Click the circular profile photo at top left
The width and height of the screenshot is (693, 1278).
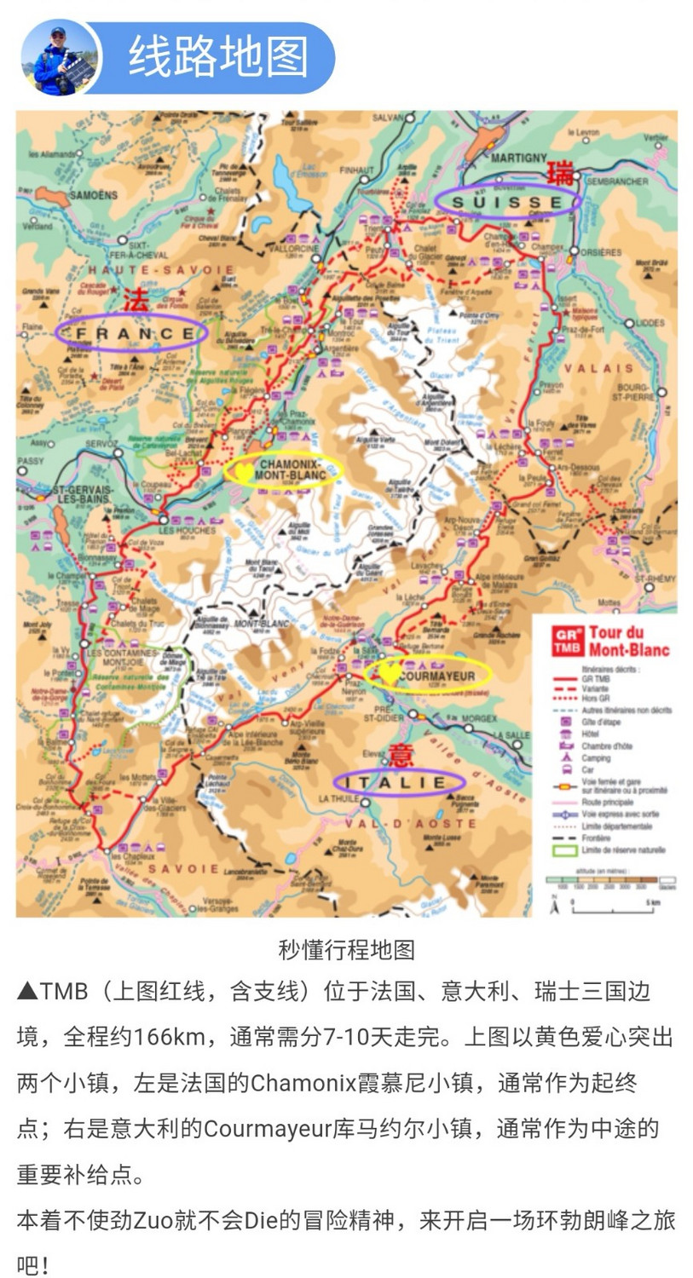click(60, 58)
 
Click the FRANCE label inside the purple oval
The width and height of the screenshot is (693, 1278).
click(131, 333)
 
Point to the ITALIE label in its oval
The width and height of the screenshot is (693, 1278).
click(400, 782)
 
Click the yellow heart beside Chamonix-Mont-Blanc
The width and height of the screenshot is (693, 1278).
click(242, 469)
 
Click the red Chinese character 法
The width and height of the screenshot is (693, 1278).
click(135, 300)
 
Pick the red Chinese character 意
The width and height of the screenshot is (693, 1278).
click(401, 754)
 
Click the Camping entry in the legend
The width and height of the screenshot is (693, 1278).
click(597, 757)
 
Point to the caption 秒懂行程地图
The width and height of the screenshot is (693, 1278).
click(346, 949)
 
